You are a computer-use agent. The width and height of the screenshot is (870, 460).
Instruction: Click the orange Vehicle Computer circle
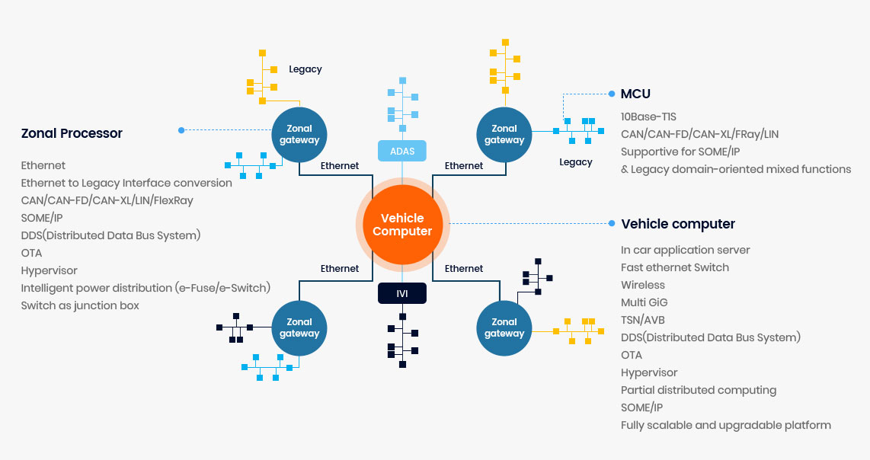coord(402,225)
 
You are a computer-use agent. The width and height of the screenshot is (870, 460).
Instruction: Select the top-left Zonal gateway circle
coord(299,135)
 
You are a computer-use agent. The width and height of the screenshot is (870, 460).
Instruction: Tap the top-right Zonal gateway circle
coord(504,135)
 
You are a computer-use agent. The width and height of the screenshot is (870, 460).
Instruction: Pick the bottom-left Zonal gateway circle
coord(299,327)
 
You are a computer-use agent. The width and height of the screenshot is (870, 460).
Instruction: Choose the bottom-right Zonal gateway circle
coord(504,327)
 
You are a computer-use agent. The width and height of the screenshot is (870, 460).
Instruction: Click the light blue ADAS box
coord(402,151)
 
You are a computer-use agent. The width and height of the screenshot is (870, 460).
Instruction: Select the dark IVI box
coord(402,293)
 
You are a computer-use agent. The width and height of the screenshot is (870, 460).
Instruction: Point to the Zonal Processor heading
coord(72,133)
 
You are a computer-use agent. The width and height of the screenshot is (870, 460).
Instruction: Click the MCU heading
coord(635,94)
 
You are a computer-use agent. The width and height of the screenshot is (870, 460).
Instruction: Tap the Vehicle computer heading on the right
coord(678,224)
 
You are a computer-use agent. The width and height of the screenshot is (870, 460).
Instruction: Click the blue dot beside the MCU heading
coord(611,94)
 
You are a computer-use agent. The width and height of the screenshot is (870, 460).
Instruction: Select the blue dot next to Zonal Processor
coord(181,130)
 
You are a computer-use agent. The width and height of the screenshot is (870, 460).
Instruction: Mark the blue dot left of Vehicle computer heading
coord(611,224)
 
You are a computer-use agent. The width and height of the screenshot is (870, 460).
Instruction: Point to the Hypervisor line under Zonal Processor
coord(50,270)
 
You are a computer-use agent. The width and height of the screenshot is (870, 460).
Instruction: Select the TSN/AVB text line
coord(642,320)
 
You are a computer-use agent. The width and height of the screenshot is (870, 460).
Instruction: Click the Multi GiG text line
coord(645,302)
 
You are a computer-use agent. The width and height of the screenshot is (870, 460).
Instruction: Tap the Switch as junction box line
coord(80,305)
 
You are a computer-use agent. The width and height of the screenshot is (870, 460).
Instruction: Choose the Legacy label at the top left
coord(305,69)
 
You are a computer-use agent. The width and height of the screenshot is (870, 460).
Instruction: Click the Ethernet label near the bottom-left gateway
coord(339,268)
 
